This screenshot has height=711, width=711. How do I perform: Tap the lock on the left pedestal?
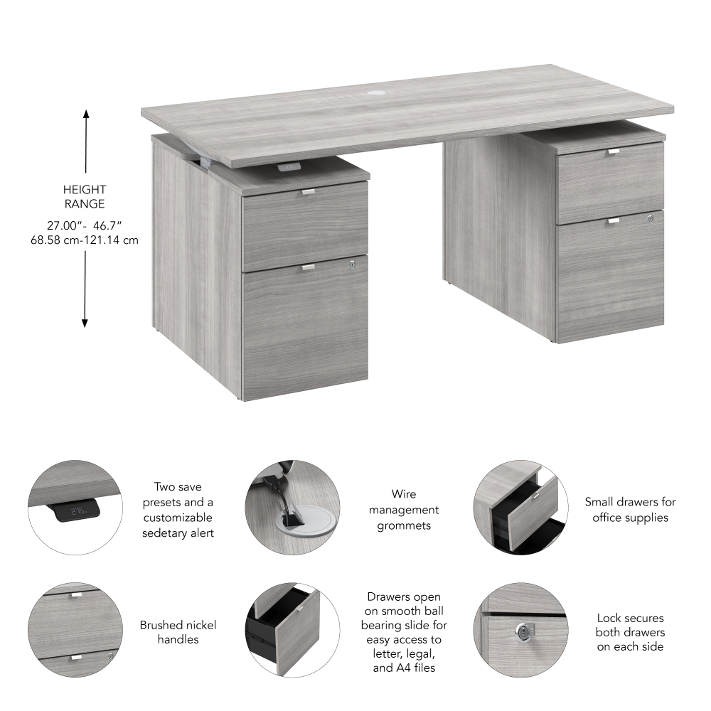coord(351,264)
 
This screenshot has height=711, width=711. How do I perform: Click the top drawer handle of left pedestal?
coord(308,191)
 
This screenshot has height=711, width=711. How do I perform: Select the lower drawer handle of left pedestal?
coord(308,267)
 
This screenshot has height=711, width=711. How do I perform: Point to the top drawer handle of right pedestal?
coord(613,151)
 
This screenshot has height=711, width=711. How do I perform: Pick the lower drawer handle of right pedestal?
coord(613,221)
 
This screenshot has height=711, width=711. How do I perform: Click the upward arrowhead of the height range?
coord(85,114)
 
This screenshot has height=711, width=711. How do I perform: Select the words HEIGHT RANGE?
coord(84,197)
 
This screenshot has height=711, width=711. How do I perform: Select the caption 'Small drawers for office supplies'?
coord(630,510)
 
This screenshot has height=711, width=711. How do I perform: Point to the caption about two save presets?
coord(178,510)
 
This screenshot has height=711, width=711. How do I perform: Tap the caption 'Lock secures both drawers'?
coord(631,632)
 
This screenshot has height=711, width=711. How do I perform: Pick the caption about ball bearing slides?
coord(404,632)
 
